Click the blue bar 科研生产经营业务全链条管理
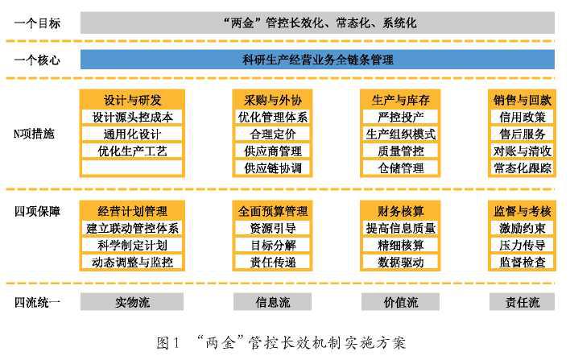click(317, 60)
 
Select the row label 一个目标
click(37, 23)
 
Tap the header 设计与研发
click(132, 100)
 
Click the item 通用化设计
click(132, 134)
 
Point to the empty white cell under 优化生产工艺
click(132, 168)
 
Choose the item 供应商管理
click(273, 151)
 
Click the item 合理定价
click(273, 134)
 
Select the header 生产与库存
click(400, 100)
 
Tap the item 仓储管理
click(400, 168)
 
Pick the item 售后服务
click(522, 134)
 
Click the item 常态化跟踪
click(522, 168)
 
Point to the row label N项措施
click(34, 134)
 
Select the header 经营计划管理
click(132, 211)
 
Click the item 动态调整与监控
click(132, 262)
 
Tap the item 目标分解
click(273, 245)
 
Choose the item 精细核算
click(400, 245)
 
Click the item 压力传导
click(522, 245)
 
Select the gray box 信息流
click(272, 302)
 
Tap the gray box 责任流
click(522, 302)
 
